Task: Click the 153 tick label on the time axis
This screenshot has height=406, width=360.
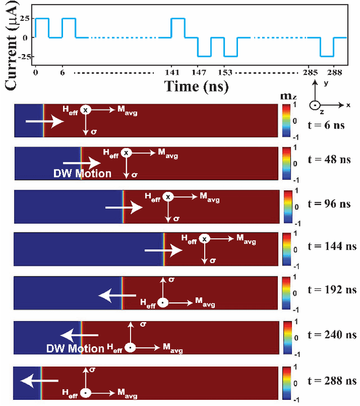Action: pyautogui.click(x=226, y=73)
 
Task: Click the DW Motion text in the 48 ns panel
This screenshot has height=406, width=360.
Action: pyautogui.click(x=87, y=173)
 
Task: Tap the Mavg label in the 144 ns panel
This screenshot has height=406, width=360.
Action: pyautogui.click(x=246, y=241)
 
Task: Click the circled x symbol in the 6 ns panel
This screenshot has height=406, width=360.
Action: pyautogui.click(x=85, y=110)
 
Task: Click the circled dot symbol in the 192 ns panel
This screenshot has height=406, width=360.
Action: pyautogui.click(x=163, y=302)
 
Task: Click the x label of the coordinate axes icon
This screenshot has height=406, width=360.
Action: pyautogui.click(x=349, y=105)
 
